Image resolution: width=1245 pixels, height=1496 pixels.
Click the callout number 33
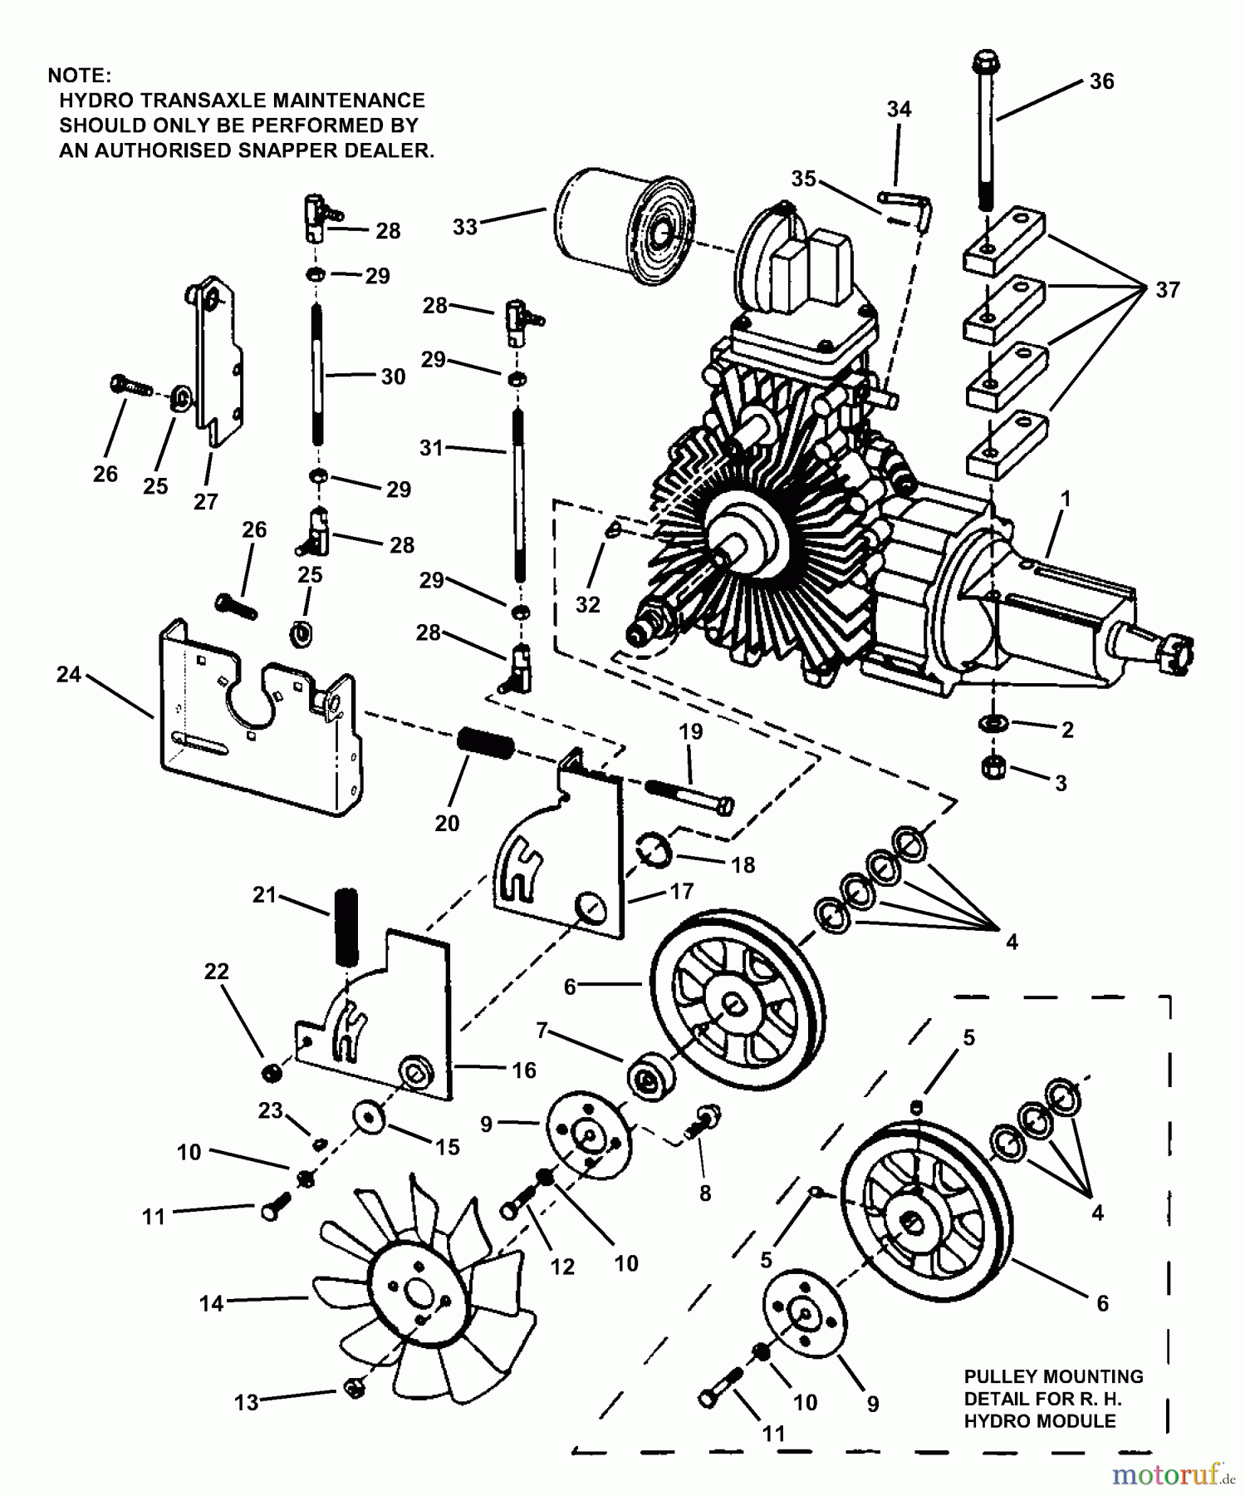(465, 227)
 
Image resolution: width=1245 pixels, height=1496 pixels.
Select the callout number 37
(1167, 290)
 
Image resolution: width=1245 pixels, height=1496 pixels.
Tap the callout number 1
(1066, 499)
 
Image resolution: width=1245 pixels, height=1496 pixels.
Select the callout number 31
(431, 448)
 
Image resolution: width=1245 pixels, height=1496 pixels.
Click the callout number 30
(393, 376)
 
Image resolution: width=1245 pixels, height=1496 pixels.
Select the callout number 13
(247, 1403)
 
